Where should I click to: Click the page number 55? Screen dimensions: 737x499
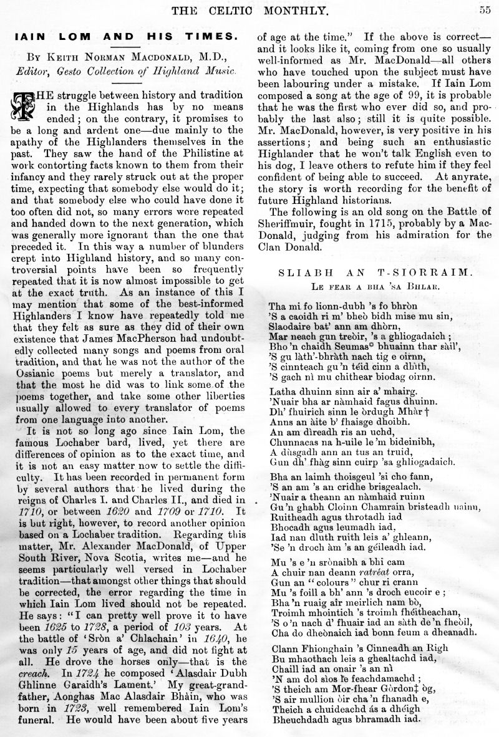[485, 9]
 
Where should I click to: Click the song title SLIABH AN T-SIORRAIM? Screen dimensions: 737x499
[380, 273]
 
